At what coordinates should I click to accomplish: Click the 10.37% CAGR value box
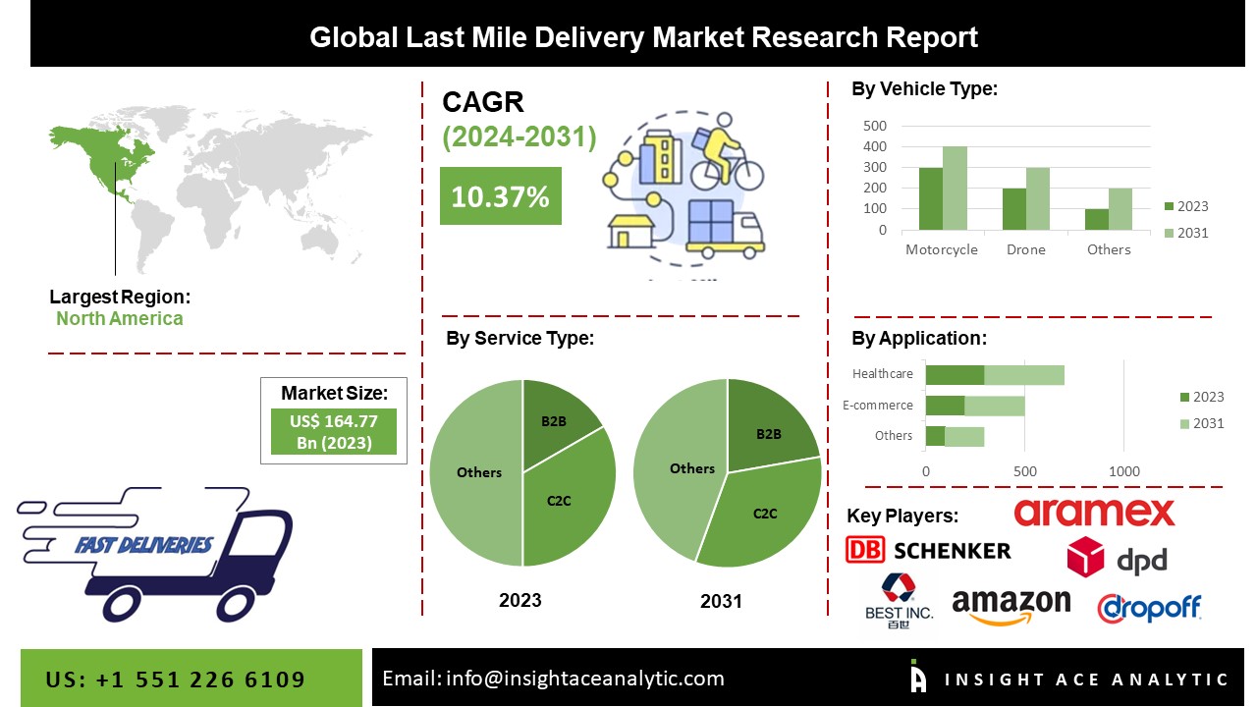(500, 196)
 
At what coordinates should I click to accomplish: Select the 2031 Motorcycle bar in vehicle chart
(955, 189)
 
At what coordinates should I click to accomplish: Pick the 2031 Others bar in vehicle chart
(1120, 209)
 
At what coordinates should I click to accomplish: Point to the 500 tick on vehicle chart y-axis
(875, 126)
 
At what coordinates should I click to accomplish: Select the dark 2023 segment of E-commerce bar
(945, 406)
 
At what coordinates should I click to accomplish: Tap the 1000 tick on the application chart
(1124, 471)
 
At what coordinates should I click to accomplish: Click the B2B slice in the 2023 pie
(555, 422)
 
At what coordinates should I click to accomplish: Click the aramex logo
(1094, 512)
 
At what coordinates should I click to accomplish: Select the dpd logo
(1118, 559)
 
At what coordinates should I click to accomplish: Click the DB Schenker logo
(928, 550)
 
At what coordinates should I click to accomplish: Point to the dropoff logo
(1149, 608)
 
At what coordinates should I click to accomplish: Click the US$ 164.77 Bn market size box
(334, 432)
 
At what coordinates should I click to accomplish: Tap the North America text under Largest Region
(119, 318)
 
